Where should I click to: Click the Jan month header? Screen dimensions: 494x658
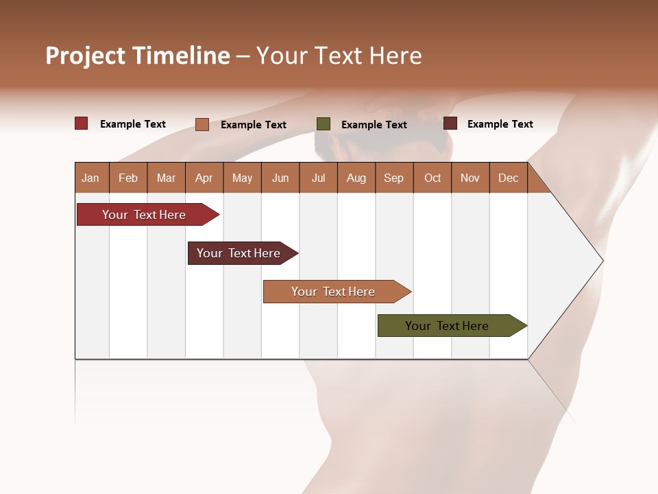point(91,178)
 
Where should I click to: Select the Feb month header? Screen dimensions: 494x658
point(128,178)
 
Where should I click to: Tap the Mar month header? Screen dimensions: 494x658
point(166,178)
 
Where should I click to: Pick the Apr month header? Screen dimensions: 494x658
point(204,178)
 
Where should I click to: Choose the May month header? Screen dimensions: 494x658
point(242,178)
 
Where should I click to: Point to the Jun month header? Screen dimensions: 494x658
point(280,178)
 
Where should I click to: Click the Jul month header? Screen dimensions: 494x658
point(318,178)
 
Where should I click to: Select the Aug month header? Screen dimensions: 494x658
point(356,178)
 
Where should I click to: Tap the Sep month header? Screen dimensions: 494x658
point(394,178)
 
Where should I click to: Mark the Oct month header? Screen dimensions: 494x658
point(432,178)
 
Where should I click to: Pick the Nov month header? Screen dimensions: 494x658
point(470,178)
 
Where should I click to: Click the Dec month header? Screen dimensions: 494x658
point(509,178)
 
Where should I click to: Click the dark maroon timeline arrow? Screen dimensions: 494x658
point(240,253)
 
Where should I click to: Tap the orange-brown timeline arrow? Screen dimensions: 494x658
point(334,292)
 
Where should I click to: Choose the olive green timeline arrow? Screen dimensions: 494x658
point(449,326)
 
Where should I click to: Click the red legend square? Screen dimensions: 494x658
point(81,123)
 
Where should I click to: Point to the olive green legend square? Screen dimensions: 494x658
point(324,124)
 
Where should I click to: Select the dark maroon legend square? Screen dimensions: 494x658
point(450,123)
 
